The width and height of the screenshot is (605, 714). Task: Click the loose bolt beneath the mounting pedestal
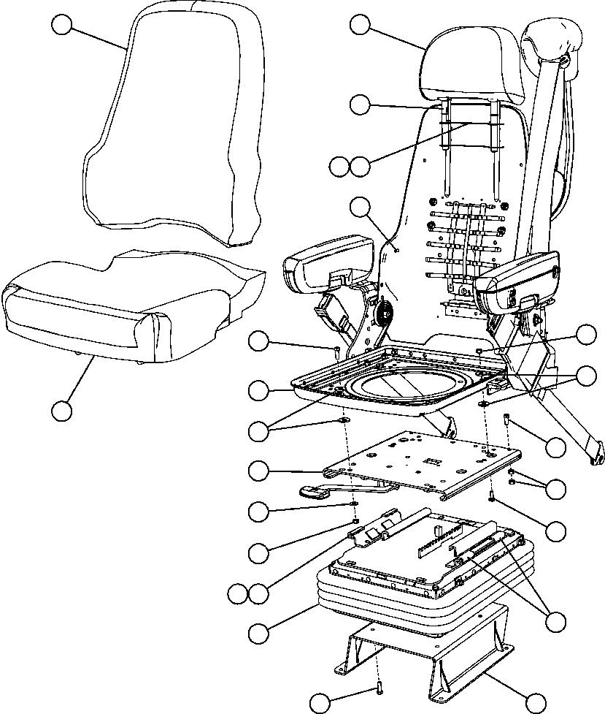380,687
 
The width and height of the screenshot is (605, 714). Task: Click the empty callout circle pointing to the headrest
359,25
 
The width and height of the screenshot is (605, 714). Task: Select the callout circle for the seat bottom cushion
63,410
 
